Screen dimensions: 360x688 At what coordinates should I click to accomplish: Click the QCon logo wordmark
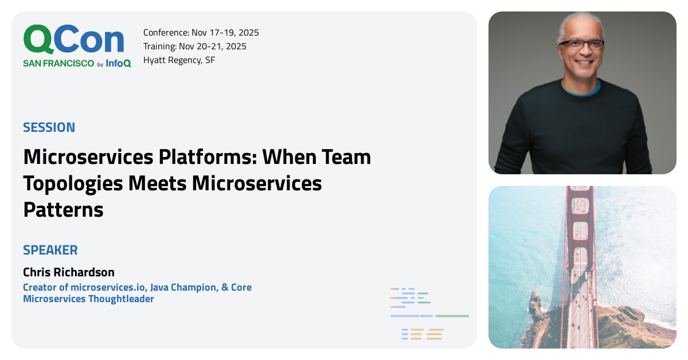pos(73,40)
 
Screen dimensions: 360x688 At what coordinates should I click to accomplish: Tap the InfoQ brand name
pos(118,64)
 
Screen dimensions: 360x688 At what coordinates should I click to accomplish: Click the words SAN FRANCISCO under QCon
pos(58,64)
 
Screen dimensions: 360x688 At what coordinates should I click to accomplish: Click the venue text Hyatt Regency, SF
pos(179,60)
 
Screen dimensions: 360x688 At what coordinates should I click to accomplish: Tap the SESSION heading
pos(49,127)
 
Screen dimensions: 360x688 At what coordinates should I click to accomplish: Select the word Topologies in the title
pos(73,183)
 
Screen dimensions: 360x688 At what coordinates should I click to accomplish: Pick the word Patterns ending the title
pos(63,210)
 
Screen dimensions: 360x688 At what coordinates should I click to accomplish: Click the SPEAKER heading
pos(50,250)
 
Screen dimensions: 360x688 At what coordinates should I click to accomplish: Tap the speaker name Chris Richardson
pos(69,272)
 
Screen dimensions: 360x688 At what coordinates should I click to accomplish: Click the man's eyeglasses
pos(580,44)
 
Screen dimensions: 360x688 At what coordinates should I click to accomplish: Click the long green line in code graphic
pos(452,316)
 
